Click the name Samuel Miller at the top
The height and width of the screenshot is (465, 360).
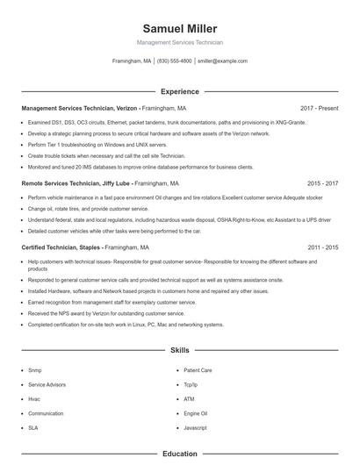(x=180, y=29)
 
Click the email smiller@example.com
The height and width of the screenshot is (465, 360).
(x=222, y=61)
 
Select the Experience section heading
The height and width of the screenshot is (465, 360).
(x=180, y=91)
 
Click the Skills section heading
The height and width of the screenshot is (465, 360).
(x=180, y=350)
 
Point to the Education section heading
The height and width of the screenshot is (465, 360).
(x=180, y=454)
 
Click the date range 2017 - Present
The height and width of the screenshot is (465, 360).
(x=319, y=108)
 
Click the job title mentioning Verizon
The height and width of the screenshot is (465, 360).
(x=81, y=108)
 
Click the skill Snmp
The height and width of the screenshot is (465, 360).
(x=35, y=370)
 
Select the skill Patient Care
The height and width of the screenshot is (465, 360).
(x=198, y=370)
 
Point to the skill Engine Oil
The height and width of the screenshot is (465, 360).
(x=195, y=412)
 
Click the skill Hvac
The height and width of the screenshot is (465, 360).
(x=34, y=398)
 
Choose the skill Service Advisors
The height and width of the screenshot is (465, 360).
(x=46, y=384)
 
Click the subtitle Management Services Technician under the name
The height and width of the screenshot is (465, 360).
(x=180, y=42)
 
